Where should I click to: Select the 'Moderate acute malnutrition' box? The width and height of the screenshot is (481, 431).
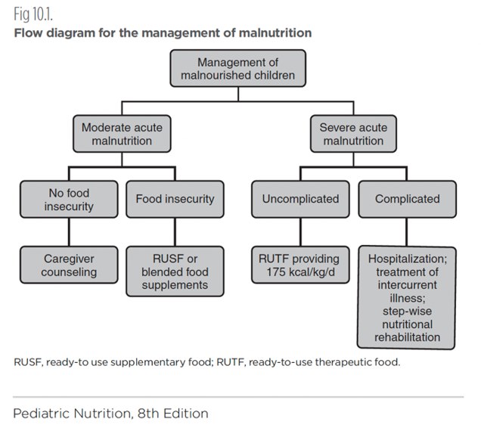[122, 134]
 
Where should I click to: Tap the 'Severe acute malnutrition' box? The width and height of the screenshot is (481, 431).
[352, 134]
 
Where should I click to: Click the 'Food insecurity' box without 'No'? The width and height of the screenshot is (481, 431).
[175, 199]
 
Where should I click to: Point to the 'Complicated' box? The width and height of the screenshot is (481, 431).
[407, 199]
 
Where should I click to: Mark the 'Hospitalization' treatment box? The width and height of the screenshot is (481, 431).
[407, 297]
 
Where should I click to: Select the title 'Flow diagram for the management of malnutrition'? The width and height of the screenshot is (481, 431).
[162, 33]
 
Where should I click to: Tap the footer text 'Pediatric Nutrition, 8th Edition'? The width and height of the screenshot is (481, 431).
[110, 414]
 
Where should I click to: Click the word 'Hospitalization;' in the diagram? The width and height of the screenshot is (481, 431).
[407, 259]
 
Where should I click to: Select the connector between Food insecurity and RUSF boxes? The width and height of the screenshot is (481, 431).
[175, 231]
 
